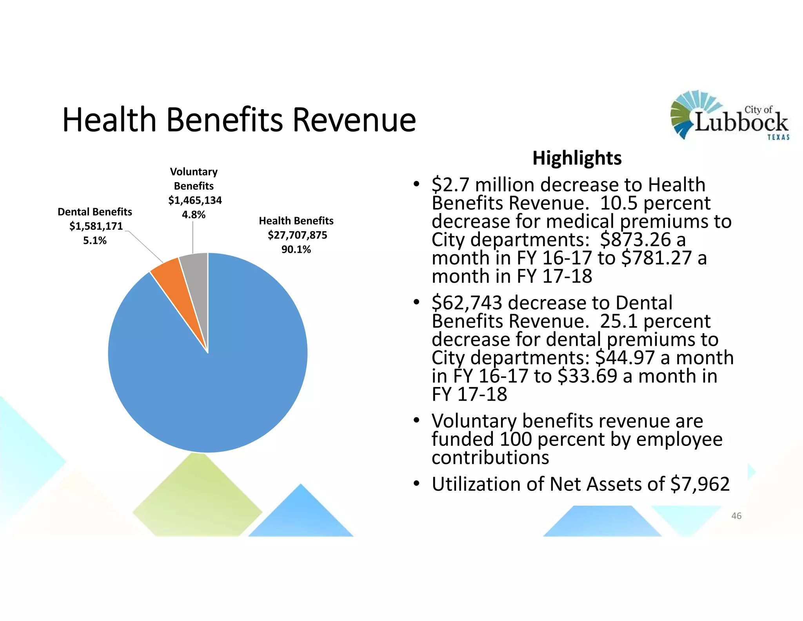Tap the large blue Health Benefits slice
220,373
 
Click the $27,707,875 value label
297,235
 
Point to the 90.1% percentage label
296,250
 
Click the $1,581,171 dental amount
96,226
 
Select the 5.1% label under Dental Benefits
94,241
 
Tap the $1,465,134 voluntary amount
195,200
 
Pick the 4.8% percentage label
193,215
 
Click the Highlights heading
577,158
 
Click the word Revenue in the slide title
354,120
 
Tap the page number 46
736,516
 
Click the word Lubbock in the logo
741,122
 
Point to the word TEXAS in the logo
778,137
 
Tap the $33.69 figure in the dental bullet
587,376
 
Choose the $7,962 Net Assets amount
700,484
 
